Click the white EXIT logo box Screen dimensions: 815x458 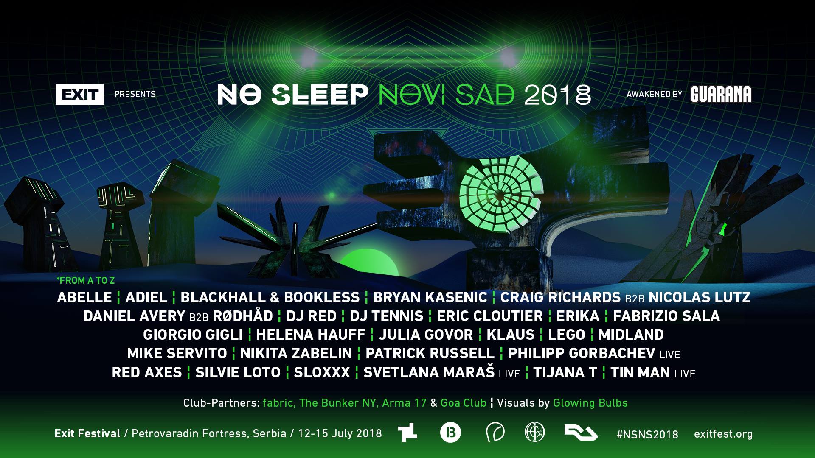point(80,95)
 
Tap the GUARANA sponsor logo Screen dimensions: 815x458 point(721,94)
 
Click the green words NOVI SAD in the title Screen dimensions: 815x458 point(447,95)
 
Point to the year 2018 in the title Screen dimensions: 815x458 point(557,95)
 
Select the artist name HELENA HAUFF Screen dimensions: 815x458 point(311,335)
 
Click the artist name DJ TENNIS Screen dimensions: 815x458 point(387,316)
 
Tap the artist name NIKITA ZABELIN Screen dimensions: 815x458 point(296,353)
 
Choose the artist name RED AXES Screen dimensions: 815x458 point(147,372)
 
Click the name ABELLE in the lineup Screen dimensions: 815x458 point(84,297)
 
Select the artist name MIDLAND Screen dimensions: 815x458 point(631,335)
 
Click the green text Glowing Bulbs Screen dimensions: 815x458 point(590,403)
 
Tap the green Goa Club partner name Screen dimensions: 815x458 point(464,403)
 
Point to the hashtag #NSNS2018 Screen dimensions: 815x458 point(647,434)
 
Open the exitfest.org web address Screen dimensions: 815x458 point(723,434)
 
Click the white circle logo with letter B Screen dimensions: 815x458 point(450,433)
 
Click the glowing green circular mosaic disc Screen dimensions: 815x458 point(501,194)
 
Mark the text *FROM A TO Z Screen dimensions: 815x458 point(86,280)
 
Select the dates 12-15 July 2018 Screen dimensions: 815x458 point(340,433)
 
